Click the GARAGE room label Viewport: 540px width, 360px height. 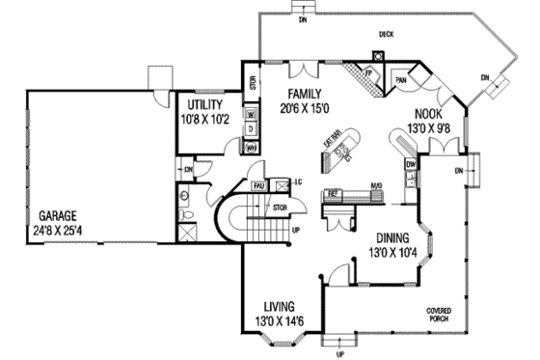(58, 215)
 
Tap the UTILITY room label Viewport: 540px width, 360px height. (206, 104)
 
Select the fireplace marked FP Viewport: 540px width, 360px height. (368, 73)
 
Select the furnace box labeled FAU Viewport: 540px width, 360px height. (258, 184)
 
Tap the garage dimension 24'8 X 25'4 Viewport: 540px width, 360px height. (58, 230)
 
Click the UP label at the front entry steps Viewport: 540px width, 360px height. (338, 353)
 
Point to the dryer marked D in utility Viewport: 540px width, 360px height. (223, 129)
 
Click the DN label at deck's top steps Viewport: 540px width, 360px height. (302, 18)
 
